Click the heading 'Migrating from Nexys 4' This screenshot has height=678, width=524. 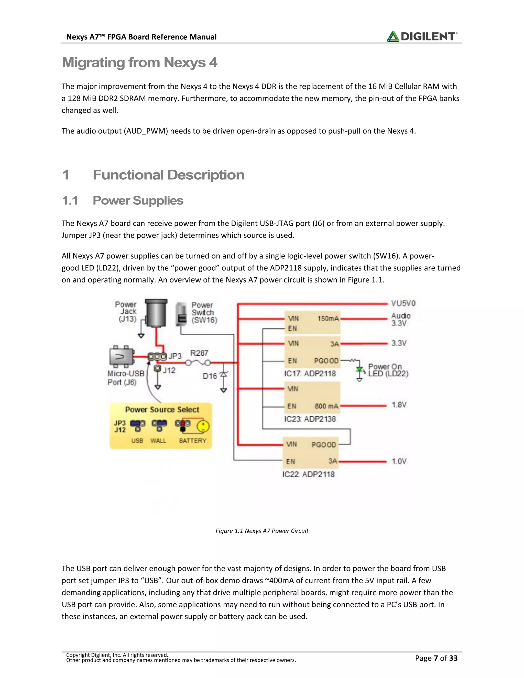pos(139,62)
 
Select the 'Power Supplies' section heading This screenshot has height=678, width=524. pos(138,201)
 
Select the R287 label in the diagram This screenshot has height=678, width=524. pos(199,353)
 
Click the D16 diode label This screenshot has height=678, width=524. pos(210,376)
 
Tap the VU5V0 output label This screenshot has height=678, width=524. pos(403,303)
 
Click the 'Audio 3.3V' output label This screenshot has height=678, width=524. pos(400,320)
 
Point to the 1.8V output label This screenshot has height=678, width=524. pos(399,405)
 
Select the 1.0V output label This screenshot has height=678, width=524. pos(399,461)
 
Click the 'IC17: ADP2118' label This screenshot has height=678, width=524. pos(310,374)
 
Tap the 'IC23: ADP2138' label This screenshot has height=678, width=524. pos(310,419)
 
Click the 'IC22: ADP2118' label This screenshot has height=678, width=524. pos(308,474)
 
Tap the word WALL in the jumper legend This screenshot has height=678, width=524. pos(158,441)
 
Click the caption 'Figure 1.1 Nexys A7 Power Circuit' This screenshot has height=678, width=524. pos(262,531)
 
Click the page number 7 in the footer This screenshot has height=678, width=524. pos(435,658)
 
